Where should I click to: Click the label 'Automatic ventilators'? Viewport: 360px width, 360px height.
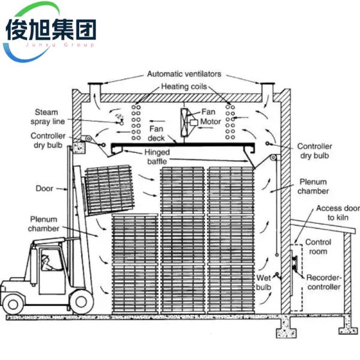[x=184, y=74]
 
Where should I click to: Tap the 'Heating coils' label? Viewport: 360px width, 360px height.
[x=183, y=87]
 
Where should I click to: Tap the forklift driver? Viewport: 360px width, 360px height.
[x=46, y=262]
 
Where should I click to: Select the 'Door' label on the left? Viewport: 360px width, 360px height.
[x=45, y=188]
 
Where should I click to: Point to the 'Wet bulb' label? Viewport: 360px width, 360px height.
[x=263, y=283]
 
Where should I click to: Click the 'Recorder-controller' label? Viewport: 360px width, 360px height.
[x=324, y=283]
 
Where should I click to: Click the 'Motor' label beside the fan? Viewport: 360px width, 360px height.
[x=211, y=122]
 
